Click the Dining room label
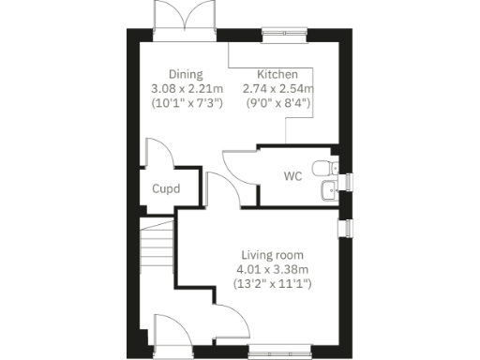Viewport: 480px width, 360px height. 186,74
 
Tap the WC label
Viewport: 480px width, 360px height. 293,175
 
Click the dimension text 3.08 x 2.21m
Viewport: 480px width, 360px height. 186,89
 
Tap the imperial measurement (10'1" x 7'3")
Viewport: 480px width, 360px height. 186,103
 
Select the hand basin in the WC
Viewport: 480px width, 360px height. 326,191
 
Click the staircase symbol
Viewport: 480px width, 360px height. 157,249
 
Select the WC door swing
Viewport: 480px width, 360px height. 241,170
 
